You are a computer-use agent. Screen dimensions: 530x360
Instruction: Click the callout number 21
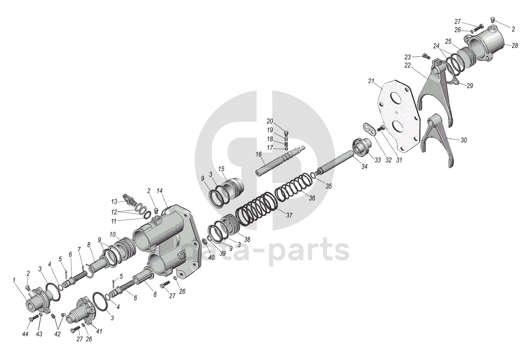tap(371, 81)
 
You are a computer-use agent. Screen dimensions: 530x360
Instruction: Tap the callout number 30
tap(464, 140)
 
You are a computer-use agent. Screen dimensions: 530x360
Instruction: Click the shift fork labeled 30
tap(437, 138)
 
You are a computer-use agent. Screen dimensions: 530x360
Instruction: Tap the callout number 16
tap(259, 155)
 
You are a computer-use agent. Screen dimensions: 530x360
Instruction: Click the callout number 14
tap(160, 191)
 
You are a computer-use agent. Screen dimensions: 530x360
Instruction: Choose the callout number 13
tap(114, 201)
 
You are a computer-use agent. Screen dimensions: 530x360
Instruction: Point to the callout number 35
tap(329, 186)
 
